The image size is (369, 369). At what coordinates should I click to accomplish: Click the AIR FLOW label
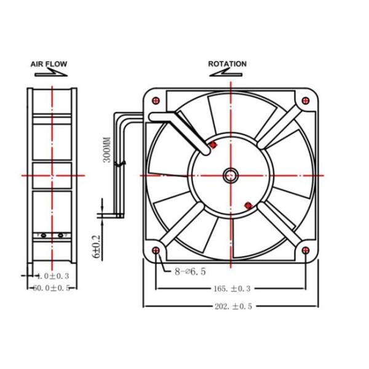[x=49, y=63]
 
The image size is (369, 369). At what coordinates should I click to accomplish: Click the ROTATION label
[x=227, y=63]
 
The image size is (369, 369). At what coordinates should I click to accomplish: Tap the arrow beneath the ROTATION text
[x=227, y=72]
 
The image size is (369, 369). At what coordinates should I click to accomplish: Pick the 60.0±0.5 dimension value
[x=52, y=287]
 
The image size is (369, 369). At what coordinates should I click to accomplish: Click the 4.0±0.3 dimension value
[x=52, y=276]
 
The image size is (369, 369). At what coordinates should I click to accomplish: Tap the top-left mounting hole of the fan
[x=155, y=100]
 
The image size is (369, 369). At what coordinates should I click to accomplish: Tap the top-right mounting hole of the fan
[x=306, y=100]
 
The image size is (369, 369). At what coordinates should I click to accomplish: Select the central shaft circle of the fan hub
[x=231, y=175]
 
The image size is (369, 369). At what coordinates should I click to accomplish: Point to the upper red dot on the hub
[x=213, y=145]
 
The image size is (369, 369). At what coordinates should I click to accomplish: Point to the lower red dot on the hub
[x=247, y=205]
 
